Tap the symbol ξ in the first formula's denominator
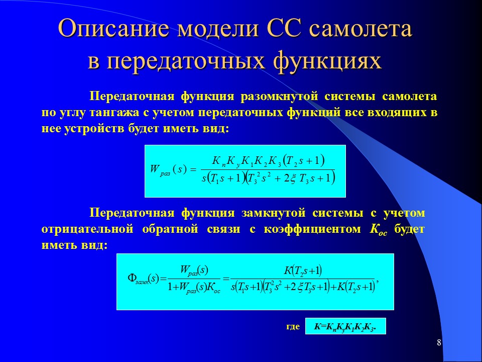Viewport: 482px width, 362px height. [292, 178]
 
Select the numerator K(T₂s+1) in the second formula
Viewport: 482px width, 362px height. [303, 270]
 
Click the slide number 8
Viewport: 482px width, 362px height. [439, 343]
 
